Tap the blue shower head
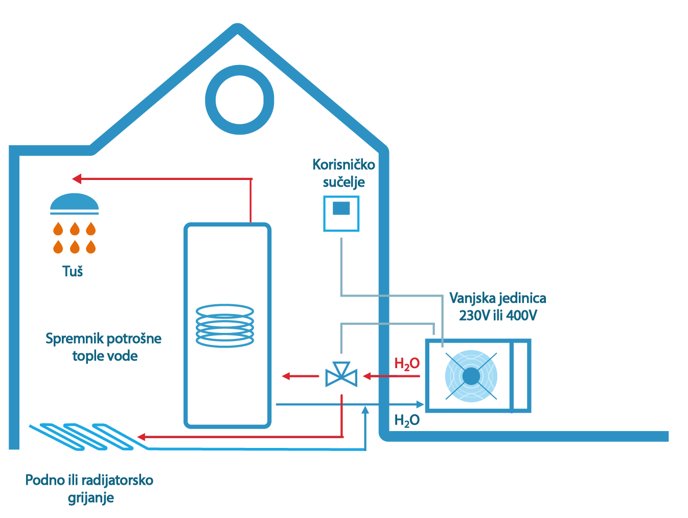[74, 203]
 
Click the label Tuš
[73, 271]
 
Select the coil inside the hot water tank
[225, 325]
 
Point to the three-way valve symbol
[341, 374]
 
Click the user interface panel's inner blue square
[341, 208]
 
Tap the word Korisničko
[343, 165]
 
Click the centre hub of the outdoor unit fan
[471, 376]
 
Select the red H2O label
[407, 364]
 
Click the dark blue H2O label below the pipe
[407, 420]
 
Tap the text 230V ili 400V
[498, 316]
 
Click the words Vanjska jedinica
[498, 298]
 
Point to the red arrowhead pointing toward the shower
[77, 179]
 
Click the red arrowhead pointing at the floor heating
[142, 437]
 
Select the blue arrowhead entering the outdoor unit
[420, 404]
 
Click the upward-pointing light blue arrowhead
[365, 410]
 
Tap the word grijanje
[91, 498]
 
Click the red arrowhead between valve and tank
[286, 376]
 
